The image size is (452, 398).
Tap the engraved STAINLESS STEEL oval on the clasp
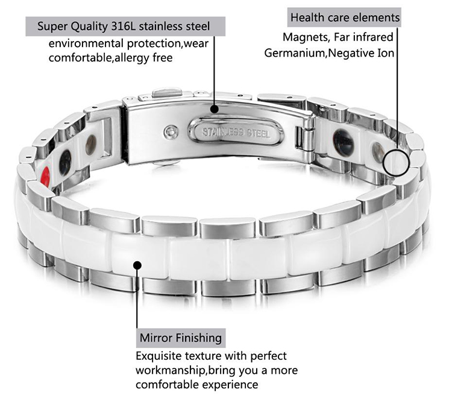coord(236,133)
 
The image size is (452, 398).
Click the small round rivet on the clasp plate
coord(171,132)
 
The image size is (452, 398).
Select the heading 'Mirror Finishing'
coord(181,338)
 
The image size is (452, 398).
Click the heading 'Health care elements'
coord(345,17)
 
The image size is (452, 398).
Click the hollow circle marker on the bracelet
coord(396,163)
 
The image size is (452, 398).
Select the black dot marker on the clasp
coord(214,109)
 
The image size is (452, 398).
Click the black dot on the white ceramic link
coord(137,265)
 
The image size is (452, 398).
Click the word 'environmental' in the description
coord(86,43)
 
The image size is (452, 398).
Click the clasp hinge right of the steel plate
coord(305,139)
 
